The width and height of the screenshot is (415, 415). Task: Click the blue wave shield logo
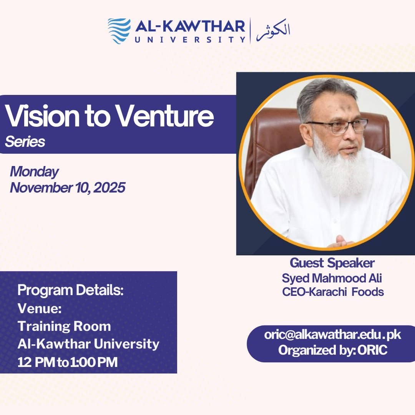[x=119, y=31]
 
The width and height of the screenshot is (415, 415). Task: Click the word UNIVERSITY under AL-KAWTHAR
[x=190, y=40]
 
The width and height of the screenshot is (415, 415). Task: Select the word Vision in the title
[x=42, y=116]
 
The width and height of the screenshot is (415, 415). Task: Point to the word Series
[x=25, y=141]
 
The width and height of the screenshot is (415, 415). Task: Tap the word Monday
[x=34, y=172]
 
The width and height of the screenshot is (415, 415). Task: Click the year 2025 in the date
[x=109, y=188]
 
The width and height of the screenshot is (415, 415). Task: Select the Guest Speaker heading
[x=332, y=263]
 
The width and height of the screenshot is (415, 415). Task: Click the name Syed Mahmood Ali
[x=332, y=278]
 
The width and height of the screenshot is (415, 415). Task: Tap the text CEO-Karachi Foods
[x=333, y=292]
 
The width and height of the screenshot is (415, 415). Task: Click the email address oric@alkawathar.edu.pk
[x=332, y=335]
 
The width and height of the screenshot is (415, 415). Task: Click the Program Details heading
[x=70, y=290]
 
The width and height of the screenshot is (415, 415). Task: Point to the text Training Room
[x=64, y=326]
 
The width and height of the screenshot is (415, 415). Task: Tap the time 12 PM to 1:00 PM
[x=68, y=362]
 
